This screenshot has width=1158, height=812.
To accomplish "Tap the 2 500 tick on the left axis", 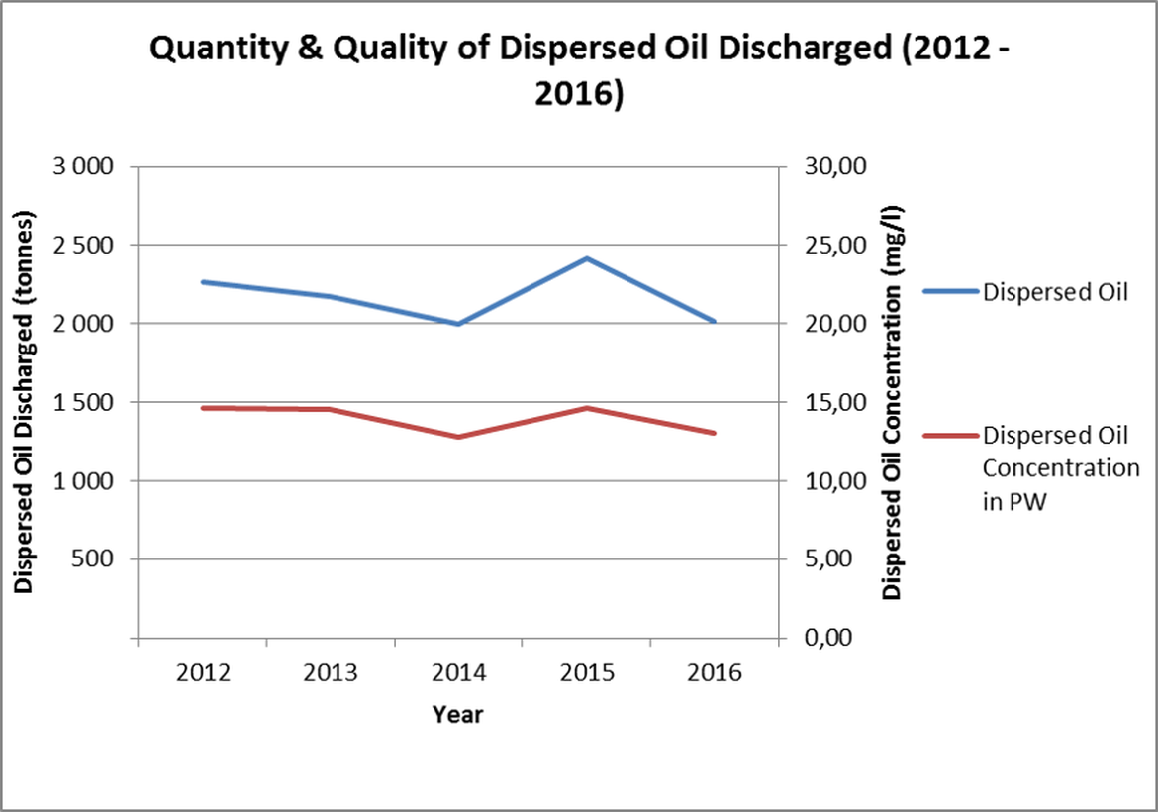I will tap(82, 246).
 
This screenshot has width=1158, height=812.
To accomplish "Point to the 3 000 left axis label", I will tap(82, 167).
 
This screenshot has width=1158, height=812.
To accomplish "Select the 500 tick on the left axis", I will tap(96, 559).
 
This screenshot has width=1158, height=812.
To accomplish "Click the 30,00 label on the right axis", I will tap(837, 167).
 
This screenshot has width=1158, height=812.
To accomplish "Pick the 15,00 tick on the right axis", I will tap(837, 403).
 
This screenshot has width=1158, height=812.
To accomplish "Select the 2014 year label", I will tap(458, 673).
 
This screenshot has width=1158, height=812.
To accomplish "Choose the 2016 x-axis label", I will tap(715, 673).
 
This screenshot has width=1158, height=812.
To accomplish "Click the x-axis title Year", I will tap(457, 714).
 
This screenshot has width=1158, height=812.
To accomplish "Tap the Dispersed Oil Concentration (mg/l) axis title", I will tap(892, 403).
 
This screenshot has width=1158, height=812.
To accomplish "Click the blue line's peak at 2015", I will tap(587, 258).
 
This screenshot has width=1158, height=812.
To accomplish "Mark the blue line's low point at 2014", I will tap(458, 324).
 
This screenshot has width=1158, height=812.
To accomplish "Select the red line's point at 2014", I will tap(458, 437).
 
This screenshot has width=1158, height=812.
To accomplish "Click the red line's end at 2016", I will tap(715, 433).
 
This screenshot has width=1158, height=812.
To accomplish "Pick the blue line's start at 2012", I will tap(202, 282).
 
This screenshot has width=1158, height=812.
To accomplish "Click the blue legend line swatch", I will tap(950, 291).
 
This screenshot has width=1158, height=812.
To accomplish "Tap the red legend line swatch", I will tap(950, 436).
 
